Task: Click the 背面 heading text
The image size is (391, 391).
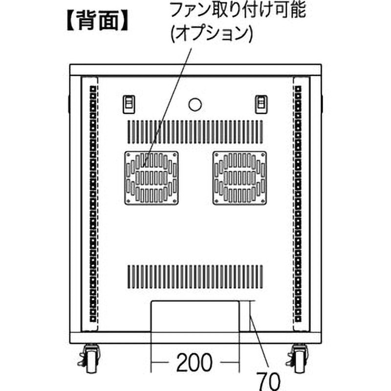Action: (97, 21)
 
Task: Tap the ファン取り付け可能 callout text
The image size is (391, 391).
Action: (238, 10)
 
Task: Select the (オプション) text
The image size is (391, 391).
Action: (212, 33)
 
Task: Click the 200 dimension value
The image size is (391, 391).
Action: (195, 362)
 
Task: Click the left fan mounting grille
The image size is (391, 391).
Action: (152, 178)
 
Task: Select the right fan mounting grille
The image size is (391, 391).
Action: (239, 178)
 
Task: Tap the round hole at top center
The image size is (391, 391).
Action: (195, 105)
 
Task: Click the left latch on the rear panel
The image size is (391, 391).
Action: (129, 104)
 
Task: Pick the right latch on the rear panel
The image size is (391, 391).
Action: (261, 104)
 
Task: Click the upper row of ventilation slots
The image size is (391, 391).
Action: (195, 132)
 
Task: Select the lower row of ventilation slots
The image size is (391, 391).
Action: (195, 277)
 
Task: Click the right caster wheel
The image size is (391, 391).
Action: (299, 359)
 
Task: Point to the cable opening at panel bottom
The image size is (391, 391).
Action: (195, 316)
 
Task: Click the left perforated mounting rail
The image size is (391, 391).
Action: (93, 204)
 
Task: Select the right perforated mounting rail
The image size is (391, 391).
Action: (298, 204)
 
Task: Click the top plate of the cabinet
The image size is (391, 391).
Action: (195, 70)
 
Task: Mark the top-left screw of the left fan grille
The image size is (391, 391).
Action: (128, 155)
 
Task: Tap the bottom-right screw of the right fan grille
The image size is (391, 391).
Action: (263, 201)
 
